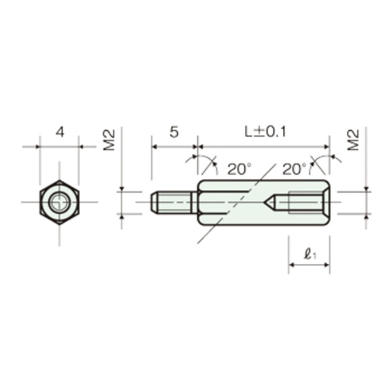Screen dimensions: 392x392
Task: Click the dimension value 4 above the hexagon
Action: pyautogui.click(x=60, y=132)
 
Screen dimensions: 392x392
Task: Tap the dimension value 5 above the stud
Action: pyautogui.click(x=174, y=132)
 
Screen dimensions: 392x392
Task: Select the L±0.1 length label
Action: pyautogui.click(x=265, y=132)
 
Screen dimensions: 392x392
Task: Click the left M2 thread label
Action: pyautogui.click(x=109, y=140)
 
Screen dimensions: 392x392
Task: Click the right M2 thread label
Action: pyautogui.click(x=353, y=140)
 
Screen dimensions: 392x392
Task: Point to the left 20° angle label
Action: pyautogui.click(x=240, y=169)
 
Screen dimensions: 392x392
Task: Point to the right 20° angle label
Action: pyautogui.click(x=294, y=169)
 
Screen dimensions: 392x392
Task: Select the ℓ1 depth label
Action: pyautogui.click(x=310, y=255)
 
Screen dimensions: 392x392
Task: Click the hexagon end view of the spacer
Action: pyautogui.click(x=59, y=203)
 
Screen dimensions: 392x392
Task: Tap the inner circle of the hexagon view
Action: pyautogui.click(x=59, y=193)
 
